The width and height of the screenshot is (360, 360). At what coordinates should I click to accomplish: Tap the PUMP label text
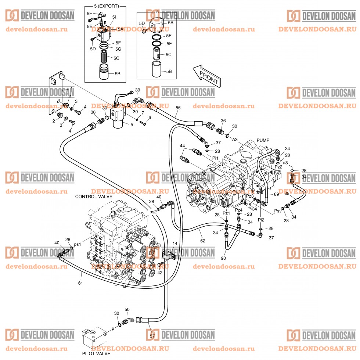(263, 140)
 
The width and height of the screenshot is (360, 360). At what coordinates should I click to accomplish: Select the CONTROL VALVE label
(94, 197)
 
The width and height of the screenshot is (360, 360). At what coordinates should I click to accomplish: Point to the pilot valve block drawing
(94, 336)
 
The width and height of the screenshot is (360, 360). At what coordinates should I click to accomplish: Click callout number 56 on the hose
(178, 108)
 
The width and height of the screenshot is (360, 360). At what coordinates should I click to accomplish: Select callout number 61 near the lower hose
(80, 283)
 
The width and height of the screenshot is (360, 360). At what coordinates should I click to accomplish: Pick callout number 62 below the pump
(202, 241)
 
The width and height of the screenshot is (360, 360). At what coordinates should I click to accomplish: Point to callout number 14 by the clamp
(175, 244)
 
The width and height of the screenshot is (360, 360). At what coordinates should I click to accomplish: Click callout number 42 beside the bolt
(160, 273)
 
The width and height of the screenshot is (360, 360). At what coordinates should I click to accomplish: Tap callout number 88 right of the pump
(287, 194)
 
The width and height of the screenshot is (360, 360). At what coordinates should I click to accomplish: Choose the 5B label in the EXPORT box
(118, 73)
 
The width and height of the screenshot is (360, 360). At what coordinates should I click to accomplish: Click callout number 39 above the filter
(137, 90)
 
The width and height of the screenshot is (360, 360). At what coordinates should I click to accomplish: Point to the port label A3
(235, 139)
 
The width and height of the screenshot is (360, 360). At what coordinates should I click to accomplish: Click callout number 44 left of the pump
(182, 146)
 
